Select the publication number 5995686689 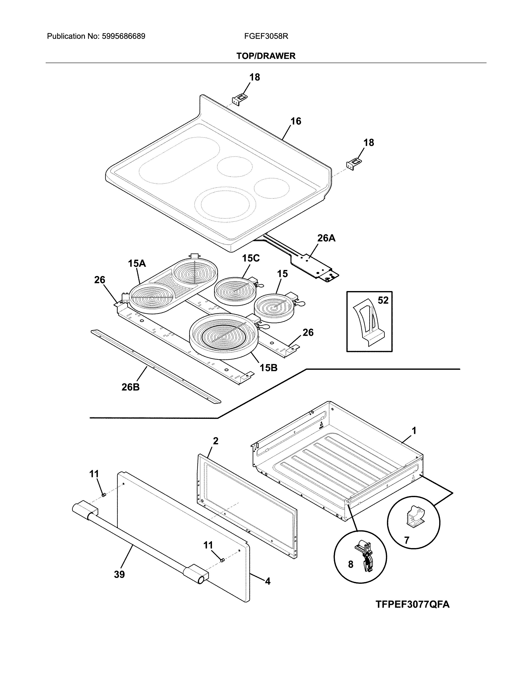[124, 36]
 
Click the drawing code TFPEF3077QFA [412, 604]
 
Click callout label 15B [268, 367]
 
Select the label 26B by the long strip [130, 387]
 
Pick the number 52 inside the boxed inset [383, 300]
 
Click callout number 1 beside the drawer [414, 430]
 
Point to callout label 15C [251, 258]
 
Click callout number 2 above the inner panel [216, 441]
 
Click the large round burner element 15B [224, 336]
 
